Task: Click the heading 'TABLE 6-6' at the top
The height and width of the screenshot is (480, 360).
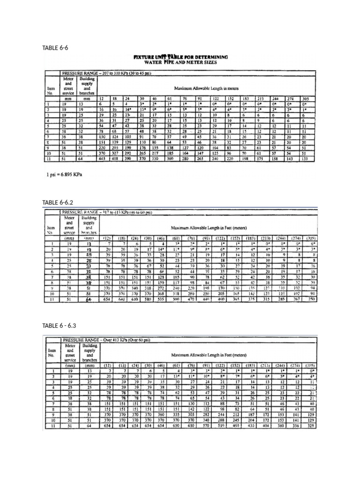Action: point(52,47)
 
